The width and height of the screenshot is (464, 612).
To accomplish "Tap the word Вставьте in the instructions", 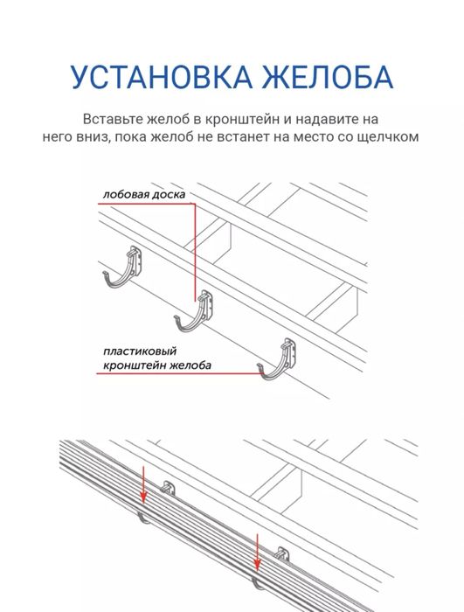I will (x=113, y=119).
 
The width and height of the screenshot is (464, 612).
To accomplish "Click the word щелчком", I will (x=387, y=137).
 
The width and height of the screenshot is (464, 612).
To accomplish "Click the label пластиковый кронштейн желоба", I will (x=156, y=358).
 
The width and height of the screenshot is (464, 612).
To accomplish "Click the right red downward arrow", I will (x=257, y=551).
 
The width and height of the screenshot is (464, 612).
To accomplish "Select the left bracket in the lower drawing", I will (x=166, y=495).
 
